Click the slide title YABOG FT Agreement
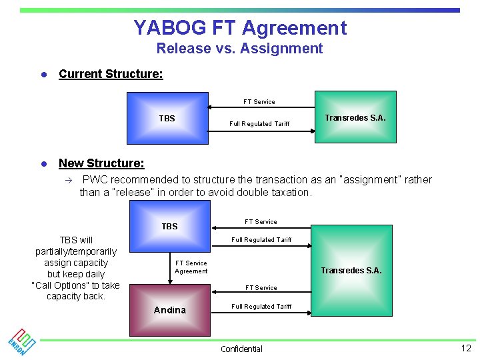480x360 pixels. [240, 28]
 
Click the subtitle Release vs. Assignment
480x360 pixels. [239, 49]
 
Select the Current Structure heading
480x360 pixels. [111, 74]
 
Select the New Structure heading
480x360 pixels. [101, 163]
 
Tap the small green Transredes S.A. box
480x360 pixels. [355, 117]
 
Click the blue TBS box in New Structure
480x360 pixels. [170, 226]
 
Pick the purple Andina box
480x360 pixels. [170, 310]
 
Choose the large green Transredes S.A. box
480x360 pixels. [351, 270]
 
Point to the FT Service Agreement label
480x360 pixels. [191, 267]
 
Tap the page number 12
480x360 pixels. [465, 348]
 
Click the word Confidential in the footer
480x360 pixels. [241, 349]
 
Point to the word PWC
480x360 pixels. [95, 180]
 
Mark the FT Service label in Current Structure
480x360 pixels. [259, 102]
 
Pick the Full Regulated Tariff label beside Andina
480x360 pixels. [261, 307]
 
